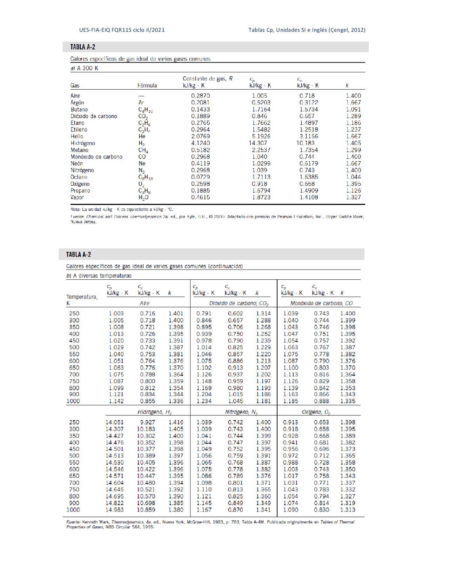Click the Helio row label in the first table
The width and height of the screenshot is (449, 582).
pos(77,136)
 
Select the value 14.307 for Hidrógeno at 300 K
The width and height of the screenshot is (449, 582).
pos(114,429)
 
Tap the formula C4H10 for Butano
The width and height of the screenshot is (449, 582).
pos(145,110)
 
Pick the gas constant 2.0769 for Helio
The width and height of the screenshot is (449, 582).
pos(200,136)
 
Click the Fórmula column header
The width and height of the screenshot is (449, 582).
pos(147,85)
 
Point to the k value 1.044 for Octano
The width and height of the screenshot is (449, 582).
pos(353,177)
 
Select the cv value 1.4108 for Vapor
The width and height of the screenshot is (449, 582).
pos(309,197)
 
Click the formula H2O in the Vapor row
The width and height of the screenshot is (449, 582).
pos(143,198)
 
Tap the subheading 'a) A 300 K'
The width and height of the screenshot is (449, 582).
pos(84,68)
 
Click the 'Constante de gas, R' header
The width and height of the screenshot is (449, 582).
pos(207,79)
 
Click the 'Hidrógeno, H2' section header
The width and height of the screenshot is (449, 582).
pos(154,412)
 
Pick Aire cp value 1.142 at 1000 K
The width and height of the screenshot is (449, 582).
pos(116,401)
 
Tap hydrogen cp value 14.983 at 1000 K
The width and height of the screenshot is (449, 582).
pos(114,510)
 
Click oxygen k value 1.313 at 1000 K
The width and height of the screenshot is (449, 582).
pos(347,510)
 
